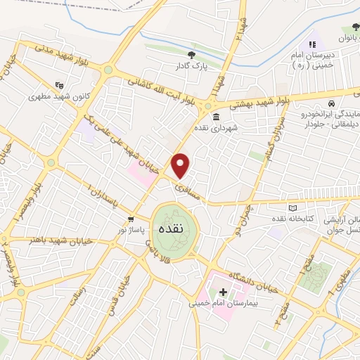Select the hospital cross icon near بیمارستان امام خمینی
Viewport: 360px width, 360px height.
pos(223,291)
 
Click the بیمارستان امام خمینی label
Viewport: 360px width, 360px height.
pos(224,304)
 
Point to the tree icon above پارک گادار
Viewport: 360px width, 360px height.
pos(191,55)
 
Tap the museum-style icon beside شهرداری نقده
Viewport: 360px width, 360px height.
pos(215,117)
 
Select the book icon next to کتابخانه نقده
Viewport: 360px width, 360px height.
pos(293,208)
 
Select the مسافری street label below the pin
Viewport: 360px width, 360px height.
pos(189,186)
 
